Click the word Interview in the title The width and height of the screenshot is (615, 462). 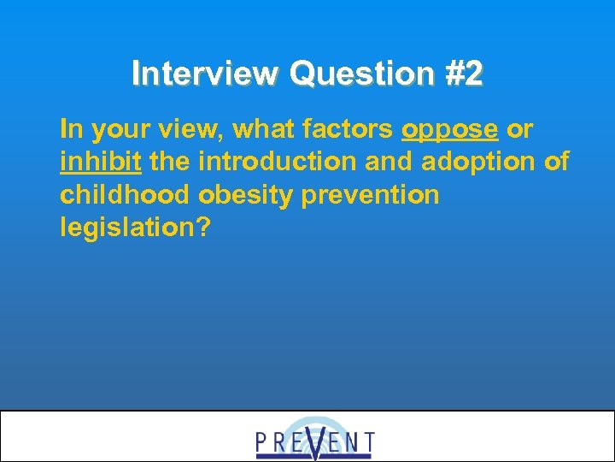coord(206,74)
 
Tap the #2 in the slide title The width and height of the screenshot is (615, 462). coord(463,74)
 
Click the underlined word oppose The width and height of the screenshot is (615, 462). coord(449,130)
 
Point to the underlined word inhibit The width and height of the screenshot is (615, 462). coord(101,163)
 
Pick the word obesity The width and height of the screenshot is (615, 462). coord(249,195)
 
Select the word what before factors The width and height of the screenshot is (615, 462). coord(260,130)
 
